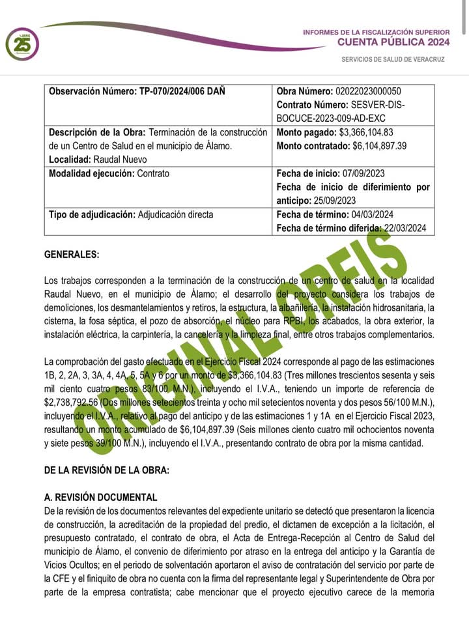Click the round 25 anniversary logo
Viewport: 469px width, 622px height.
coord(21,44)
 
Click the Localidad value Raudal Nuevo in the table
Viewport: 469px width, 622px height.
coord(119,160)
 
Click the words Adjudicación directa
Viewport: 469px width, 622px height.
coord(175,214)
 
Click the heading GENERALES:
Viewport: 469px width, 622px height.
coord(72,255)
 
